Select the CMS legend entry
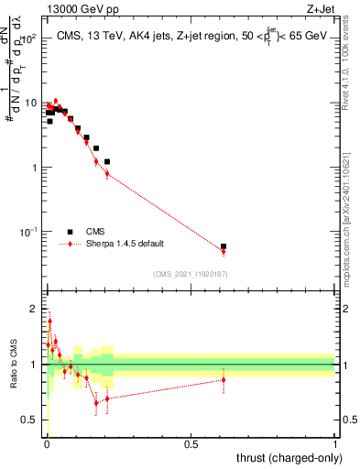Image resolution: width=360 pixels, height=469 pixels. coord(94,232)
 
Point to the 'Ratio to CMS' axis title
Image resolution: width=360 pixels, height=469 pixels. coord(11,367)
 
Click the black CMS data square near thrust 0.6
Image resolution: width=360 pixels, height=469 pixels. coord(224,246)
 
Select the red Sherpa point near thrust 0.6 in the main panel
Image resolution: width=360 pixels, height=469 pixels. coord(224,251)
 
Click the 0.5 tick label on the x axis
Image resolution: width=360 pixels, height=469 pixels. coord(191,444)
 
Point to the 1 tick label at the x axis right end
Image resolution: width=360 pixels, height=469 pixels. coord(336,444)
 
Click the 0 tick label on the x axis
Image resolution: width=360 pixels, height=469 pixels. coord(45,444)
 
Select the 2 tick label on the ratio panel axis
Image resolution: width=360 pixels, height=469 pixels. coord(35,308)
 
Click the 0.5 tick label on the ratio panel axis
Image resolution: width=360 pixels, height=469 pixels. coord(30,420)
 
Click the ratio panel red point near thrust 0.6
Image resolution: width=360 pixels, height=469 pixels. coord(224,378)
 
